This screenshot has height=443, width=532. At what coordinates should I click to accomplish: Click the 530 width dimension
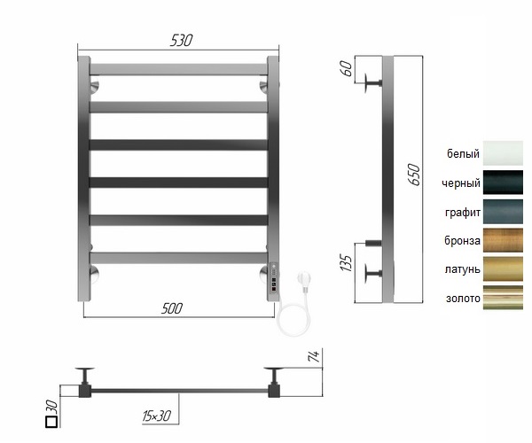click(181, 41)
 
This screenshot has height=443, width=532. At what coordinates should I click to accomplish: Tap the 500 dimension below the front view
click(172, 308)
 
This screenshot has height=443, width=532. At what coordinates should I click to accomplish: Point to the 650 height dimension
click(414, 175)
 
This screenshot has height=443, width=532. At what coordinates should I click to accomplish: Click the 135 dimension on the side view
click(346, 263)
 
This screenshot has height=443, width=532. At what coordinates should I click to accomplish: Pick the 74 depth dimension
click(315, 356)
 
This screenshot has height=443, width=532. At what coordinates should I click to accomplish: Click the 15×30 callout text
click(156, 416)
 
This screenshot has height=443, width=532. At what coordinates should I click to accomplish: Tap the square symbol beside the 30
click(51, 422)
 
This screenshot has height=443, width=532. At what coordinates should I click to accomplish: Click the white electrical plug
click(303, 281)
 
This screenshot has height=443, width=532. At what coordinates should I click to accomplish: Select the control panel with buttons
click(273, 278)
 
